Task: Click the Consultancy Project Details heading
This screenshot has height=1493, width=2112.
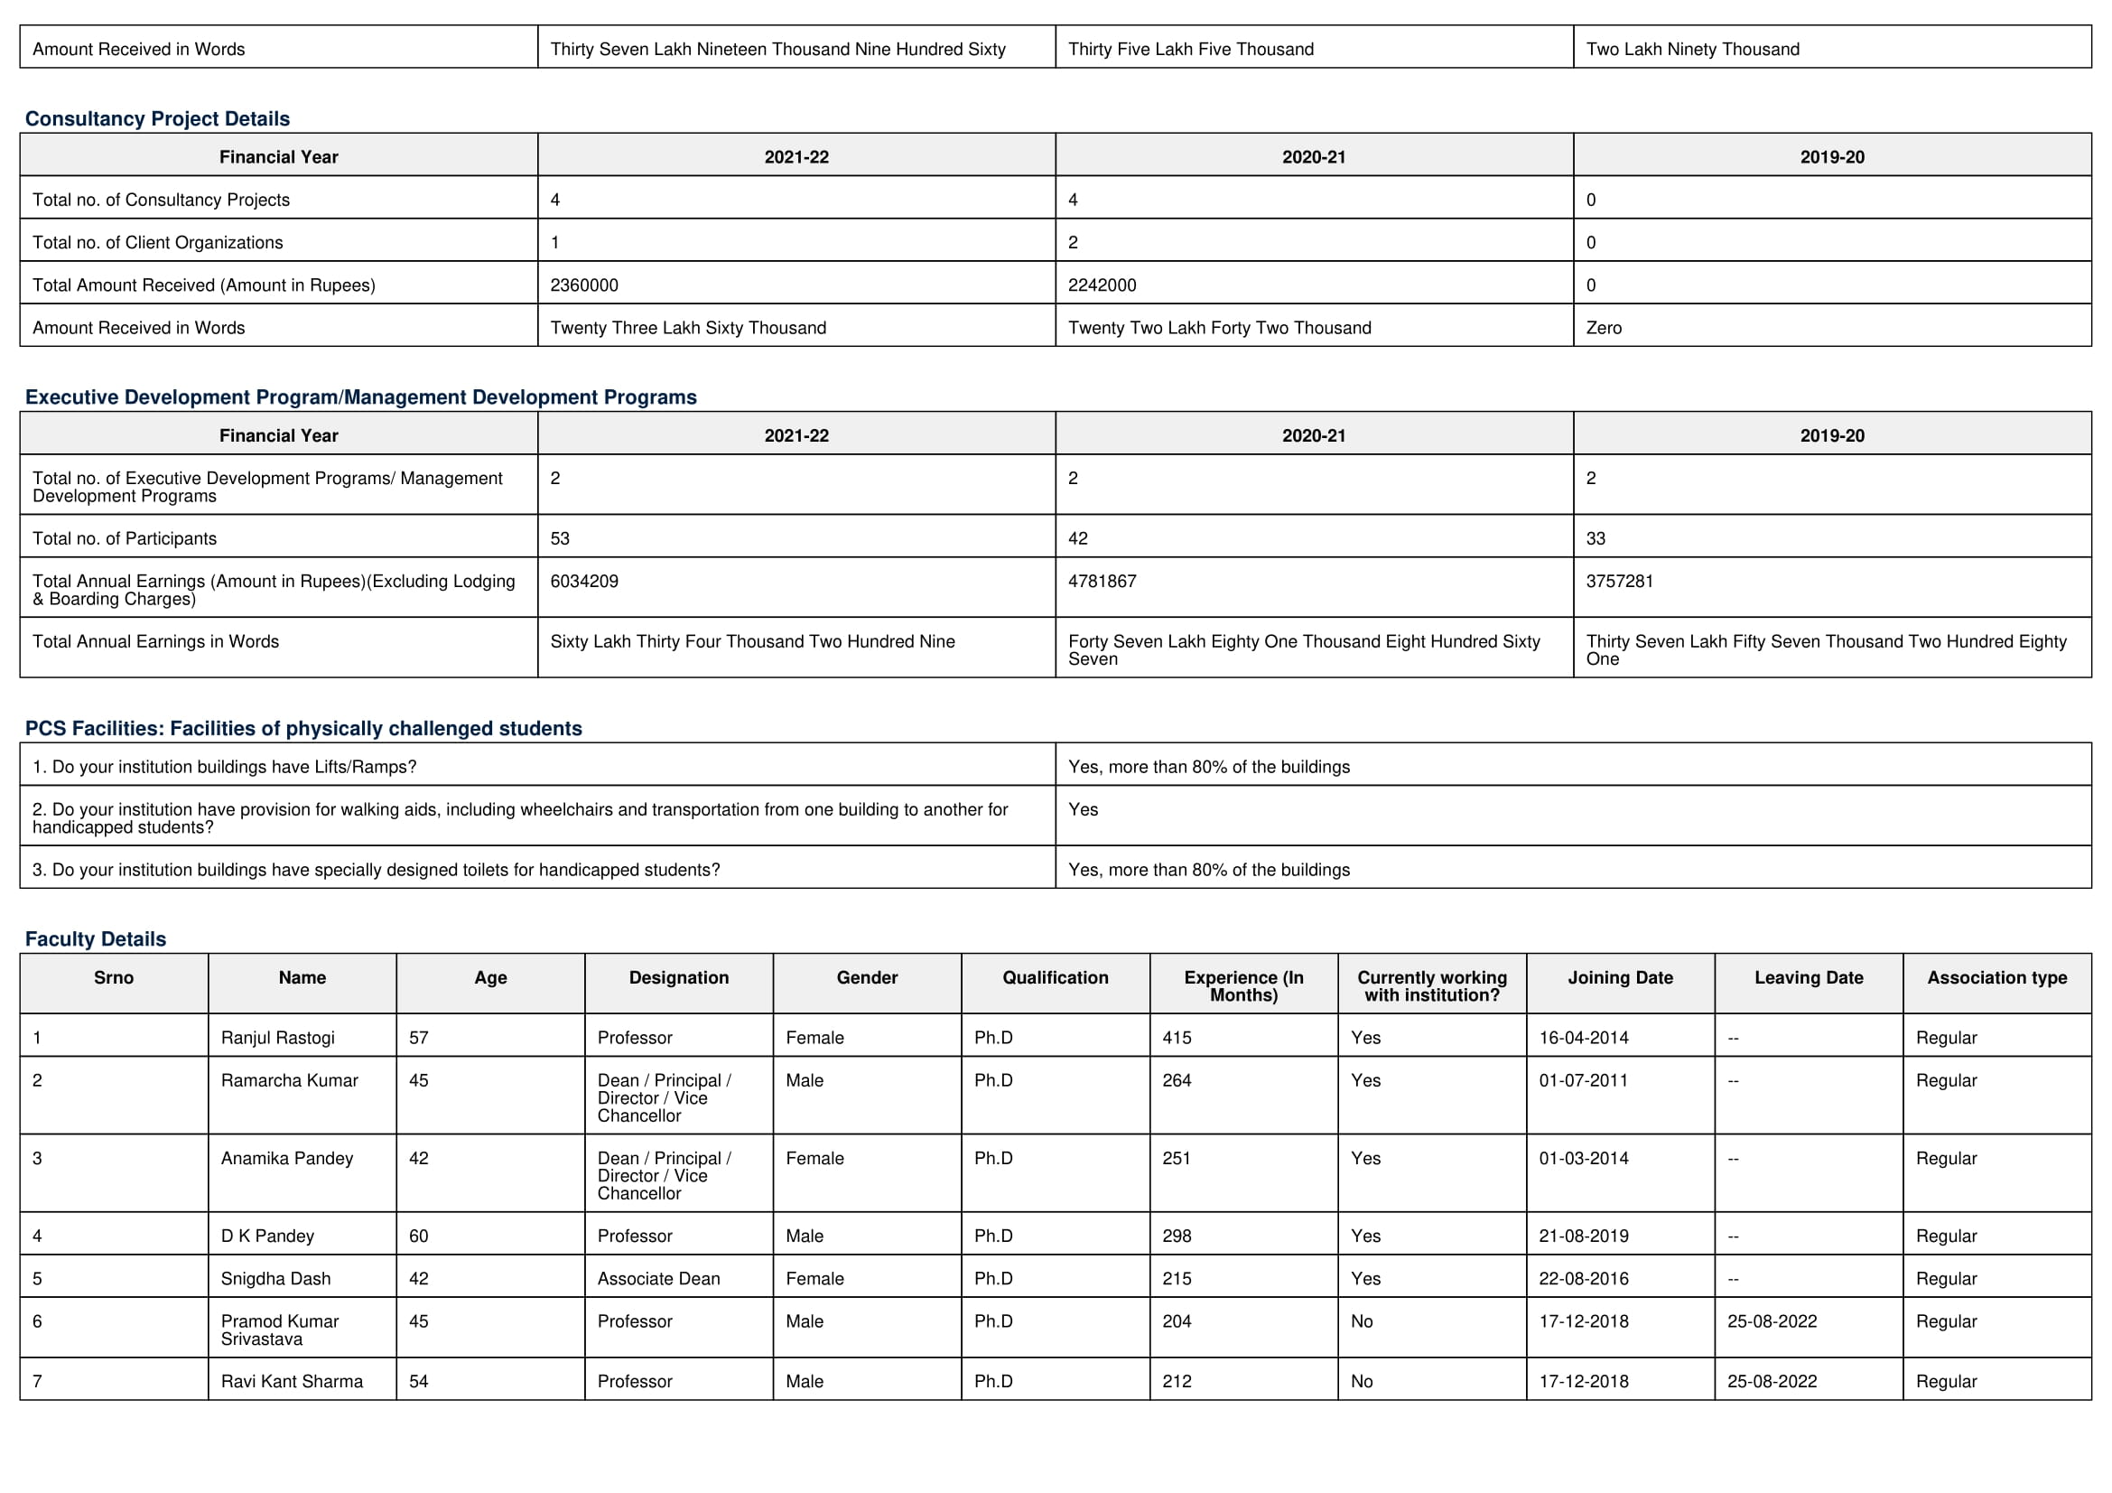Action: pos(157,118)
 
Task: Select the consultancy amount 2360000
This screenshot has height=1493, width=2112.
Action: pos(584,285)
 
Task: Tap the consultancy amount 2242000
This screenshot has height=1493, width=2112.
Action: pos(1102,285)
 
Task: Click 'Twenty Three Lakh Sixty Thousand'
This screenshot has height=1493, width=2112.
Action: pos(688,328)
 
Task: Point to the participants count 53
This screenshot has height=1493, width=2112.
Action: pos(560,538)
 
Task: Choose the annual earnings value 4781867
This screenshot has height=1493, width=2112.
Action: pos(1102,582)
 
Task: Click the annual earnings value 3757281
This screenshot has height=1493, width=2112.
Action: pos(1620,582)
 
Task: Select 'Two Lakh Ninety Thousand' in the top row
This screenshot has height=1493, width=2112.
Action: pos(1692,49)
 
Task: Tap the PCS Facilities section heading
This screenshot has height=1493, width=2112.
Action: pos(303,729)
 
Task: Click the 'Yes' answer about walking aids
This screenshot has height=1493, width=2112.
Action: pos(1083,809)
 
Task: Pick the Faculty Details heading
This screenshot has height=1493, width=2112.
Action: pos(96,939)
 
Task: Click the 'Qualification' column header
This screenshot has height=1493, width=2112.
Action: pos(1055,978)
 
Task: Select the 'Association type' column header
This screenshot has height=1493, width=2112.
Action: pos(1997,978)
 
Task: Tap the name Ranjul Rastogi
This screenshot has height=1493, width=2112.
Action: pos(278,1038)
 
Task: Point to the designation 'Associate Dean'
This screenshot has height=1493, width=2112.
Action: pos(658,1279)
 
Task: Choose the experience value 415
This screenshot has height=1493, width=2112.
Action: pos(1177,1038)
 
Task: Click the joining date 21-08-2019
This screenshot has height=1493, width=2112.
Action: pos(1584,1236)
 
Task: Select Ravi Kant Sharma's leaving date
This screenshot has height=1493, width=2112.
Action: pos(1772,1382)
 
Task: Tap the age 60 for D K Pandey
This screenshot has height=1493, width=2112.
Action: pos(419,1236)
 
